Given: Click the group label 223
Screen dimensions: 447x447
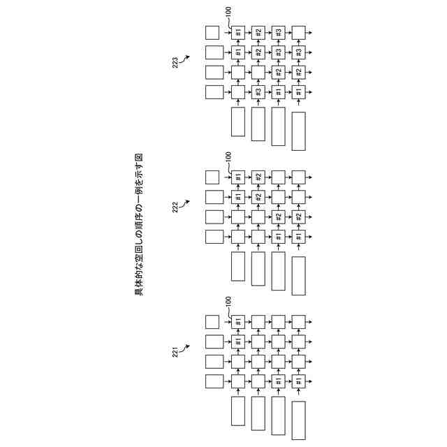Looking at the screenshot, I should click(175, 64).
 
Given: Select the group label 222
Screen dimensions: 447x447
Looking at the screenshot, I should click(175, 207).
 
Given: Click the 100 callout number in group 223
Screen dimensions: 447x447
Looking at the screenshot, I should click(228, 12).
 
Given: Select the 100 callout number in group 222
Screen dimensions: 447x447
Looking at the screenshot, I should click(228, 156).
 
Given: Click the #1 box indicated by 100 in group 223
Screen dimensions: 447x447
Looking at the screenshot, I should click(238, 32).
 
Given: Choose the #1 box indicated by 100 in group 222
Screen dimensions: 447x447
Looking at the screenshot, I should click(238, 177).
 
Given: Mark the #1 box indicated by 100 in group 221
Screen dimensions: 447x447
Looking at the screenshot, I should click(238, 321).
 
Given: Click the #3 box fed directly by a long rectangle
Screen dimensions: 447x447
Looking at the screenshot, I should click(258, 92).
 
